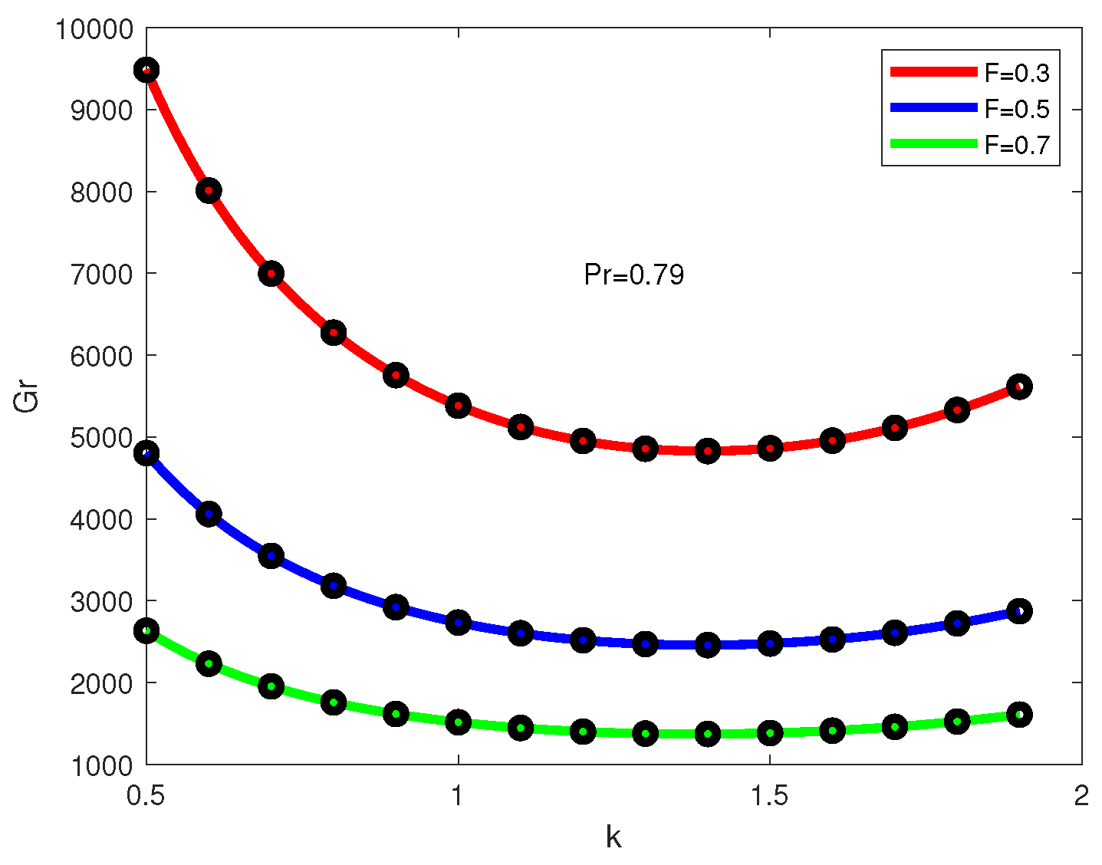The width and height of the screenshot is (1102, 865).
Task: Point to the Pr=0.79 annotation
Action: (x=633, y=275)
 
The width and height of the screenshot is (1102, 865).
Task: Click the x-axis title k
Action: (x=614, y=837)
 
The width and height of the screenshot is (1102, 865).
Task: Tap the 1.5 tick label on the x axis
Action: (x=770, y=796)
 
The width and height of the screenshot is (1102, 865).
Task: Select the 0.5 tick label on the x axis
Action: (x=146, y=796)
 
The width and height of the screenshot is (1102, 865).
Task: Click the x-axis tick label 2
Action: (x=1081, y=796)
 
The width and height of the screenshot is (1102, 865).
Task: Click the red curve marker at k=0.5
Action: (x=146, y=71)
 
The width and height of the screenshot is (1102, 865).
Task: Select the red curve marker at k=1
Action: (x=458, y=406)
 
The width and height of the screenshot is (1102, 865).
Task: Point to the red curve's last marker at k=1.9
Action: (x=1019, y=386)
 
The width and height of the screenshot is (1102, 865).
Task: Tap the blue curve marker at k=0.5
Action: (x=146, y=453)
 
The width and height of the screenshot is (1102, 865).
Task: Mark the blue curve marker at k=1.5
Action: (x=770, y=643)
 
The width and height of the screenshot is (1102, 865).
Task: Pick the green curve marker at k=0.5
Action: (x=146, y=631)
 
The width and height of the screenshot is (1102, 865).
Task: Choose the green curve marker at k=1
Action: (x=458, y=722)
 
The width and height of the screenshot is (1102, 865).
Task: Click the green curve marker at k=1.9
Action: (x=1019, y=715)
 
